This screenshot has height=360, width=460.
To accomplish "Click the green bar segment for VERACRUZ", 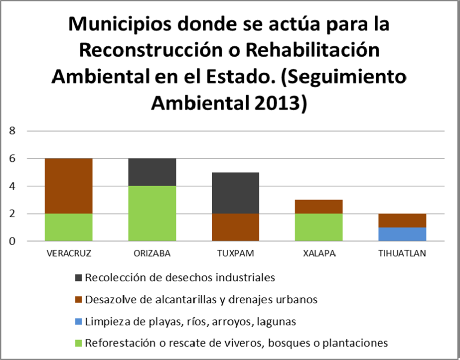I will pyautogui.click(x=69, y=228).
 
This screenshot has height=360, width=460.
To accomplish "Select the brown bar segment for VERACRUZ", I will pyautogui.click(x=69, y=186).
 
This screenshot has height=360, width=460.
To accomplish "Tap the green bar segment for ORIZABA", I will pyautogui.click(x=152, y=214).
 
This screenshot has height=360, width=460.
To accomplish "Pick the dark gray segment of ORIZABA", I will pyautogui.click(x=152, y=172).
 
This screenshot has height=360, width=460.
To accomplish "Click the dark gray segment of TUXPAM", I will pyautogui.click(x=235, y=193).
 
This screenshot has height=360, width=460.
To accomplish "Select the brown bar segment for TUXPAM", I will pyautogui.click(x=235, y=228).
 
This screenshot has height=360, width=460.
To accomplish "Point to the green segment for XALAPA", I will pyautogui.click(x=318, y=228).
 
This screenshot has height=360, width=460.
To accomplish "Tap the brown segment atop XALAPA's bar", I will pyautogui.click(x=318, y=207).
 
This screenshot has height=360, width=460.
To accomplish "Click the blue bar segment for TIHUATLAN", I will pyautogui.click(x=402, y=235).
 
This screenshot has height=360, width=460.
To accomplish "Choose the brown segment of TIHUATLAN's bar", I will pyautogui.click(x=402, y=221).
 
